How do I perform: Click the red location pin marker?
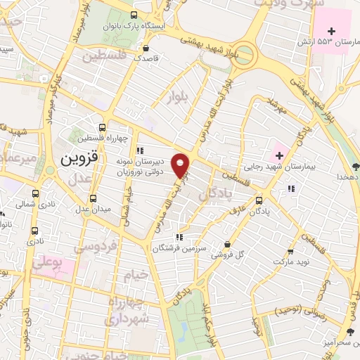[181, 165]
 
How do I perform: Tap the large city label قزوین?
[75, 159]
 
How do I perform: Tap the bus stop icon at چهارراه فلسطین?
[103, 128]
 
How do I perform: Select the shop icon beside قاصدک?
[146, 49]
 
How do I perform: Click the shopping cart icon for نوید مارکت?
[290, 251]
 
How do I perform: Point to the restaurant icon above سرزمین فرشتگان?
[180, 238]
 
